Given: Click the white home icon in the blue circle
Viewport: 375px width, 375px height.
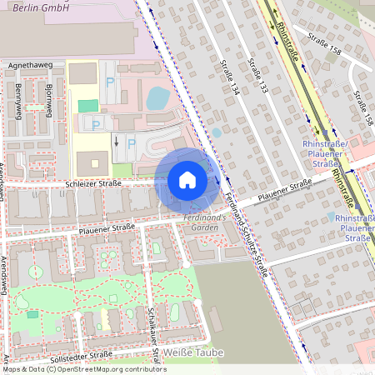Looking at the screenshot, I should (187, 179).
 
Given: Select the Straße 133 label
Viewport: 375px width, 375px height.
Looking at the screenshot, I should (258, 75).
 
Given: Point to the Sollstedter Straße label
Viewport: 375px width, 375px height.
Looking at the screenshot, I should (81, 357).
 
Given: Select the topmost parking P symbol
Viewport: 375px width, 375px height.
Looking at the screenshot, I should (112, 83).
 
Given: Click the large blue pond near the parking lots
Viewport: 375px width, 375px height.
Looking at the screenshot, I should (157, 98).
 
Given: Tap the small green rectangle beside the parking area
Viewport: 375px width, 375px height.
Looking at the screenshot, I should (87, 106).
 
